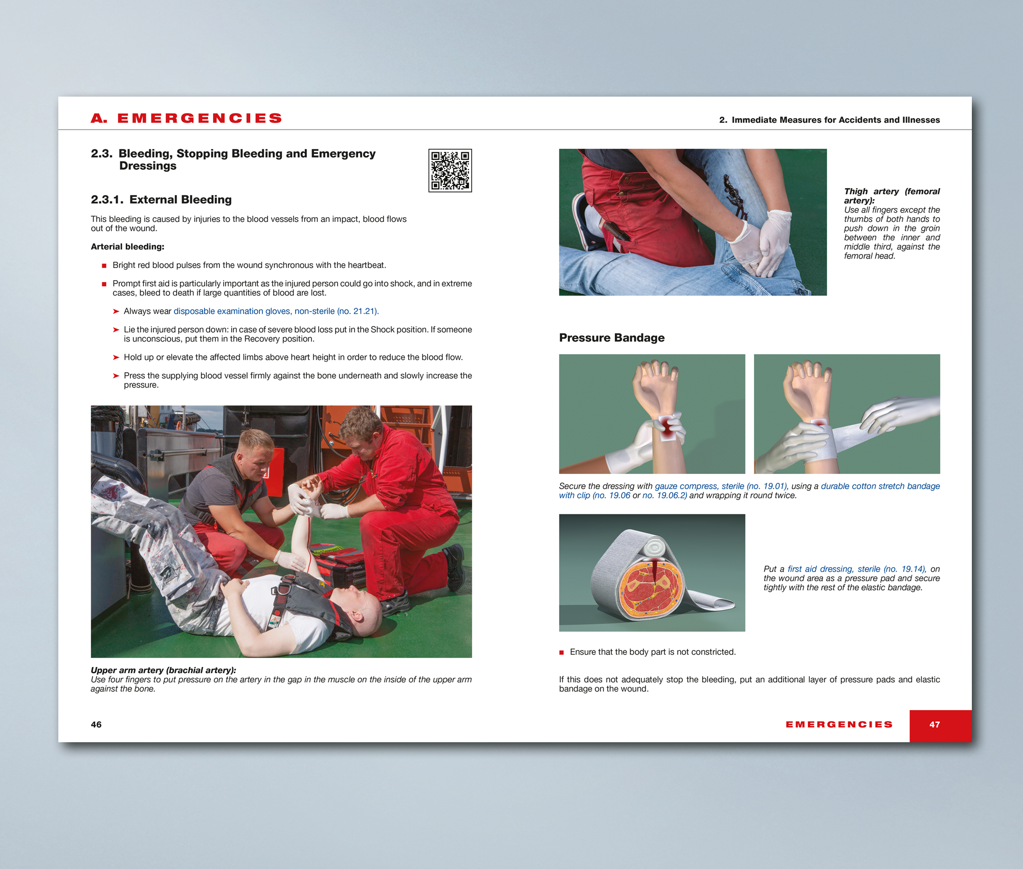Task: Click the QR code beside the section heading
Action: [x=450, y=171]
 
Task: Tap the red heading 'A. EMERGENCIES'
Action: [x=187, y=119]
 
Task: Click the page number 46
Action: [x=96, y=724]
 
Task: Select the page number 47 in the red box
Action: [x=935, y=724]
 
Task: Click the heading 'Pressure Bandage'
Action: [x=612, y=338]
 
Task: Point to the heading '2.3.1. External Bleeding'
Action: [x=161, y=200]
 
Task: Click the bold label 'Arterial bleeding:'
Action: [x=127, y=247]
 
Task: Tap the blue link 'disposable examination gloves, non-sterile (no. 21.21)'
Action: [x=276, y=311]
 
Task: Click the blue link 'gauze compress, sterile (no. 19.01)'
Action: [x=721, y=486]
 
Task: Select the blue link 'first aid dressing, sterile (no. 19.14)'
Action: [x=857, y=569]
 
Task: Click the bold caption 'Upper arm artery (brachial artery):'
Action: [x=163, y=670]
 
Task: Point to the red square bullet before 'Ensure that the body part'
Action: [x=562, y=652]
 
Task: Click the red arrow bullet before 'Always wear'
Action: [x=116, y=311]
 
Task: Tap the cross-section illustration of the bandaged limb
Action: [x=652, y=573]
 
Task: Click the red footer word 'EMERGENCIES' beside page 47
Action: [x=839, y=724]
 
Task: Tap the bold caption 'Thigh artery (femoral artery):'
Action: [x=892, y=196]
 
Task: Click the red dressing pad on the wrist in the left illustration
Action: [x=668, y=427]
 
